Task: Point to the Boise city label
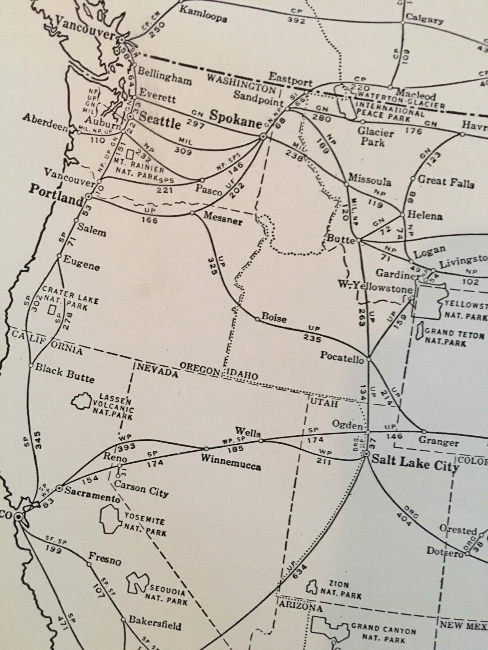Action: click(x=274, y=318)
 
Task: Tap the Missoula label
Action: click(x=370, y=180)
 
